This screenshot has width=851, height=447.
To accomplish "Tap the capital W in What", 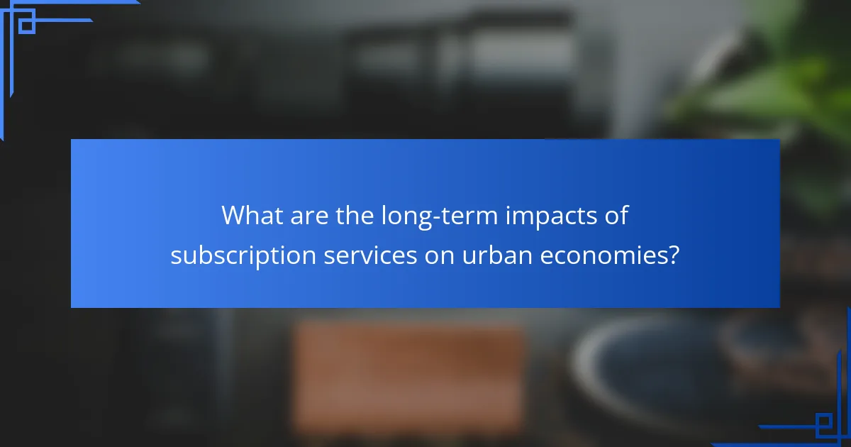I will (235, 215).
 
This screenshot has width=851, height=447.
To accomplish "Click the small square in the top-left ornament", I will (26, 25).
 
